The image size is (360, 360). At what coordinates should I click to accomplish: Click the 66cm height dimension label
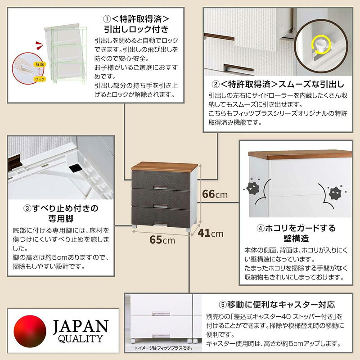(x=215, y=194)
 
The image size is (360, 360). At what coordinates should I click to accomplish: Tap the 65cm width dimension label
(x=162, y=240)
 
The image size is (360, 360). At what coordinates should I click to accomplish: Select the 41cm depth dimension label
(x=211, y=233)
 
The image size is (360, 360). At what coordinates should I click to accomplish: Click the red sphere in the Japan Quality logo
(x=30, y=331)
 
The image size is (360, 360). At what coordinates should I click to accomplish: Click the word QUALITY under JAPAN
(x=81, y=339)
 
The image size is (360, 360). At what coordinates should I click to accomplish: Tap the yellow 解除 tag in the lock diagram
(x=40, y=64)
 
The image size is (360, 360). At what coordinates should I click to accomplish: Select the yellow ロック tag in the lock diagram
(x=40, y=79)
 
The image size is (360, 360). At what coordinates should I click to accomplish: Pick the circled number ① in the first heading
(x=107, y=19)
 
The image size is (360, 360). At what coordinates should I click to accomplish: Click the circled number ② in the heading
(x=216, y=84)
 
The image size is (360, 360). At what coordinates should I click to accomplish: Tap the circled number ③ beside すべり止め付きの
(x=27, y=208)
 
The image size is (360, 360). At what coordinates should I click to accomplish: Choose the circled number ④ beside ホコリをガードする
(x=261, y=228)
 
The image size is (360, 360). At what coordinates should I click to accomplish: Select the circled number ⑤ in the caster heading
(x=223, y=305)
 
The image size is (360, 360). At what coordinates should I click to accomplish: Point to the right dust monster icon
(x=335, y=193)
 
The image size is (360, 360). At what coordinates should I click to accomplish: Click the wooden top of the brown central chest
(x=164, y=167)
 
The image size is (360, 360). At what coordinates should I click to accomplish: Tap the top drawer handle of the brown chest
(x=161, y=187)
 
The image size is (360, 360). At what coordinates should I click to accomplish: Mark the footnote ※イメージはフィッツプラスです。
(x=163, y=348)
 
